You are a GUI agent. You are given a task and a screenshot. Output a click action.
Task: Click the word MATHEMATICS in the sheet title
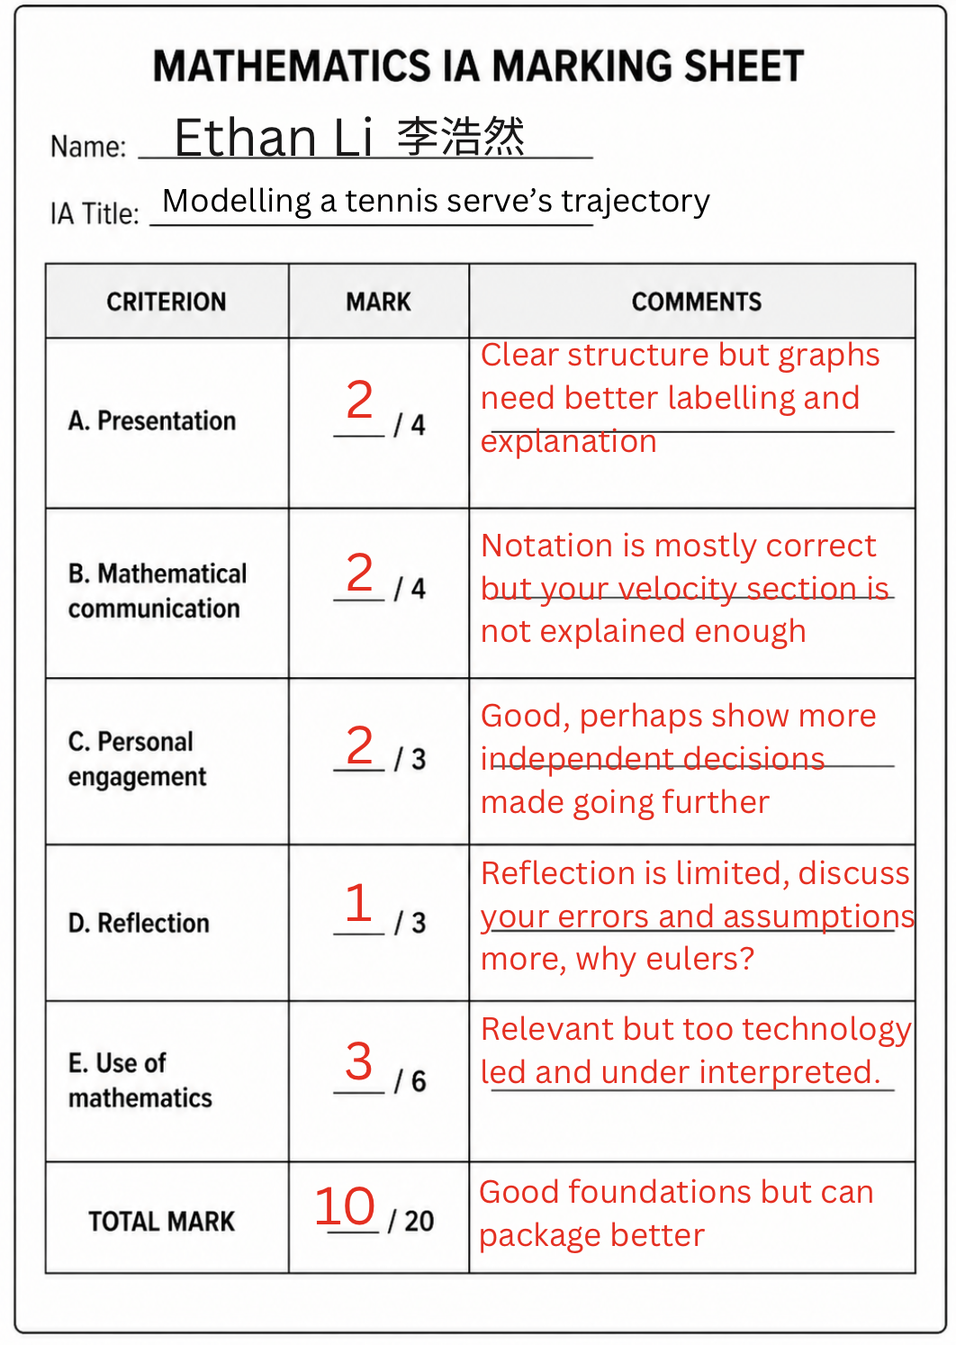click(292, 66)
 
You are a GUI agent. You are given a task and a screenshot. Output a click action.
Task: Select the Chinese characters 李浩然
click(461, 136)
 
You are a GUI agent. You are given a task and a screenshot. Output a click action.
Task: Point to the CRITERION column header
click(167, 302)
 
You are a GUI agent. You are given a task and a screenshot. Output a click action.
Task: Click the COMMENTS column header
click(697, 302)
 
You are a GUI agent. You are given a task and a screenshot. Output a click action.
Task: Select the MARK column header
click(378, 302)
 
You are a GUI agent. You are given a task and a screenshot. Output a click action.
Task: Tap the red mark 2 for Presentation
click(359, 400)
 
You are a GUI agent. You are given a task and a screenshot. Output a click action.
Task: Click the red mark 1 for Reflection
click(358, 902)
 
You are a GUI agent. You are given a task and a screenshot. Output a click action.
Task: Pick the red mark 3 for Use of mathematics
click(358, 1061)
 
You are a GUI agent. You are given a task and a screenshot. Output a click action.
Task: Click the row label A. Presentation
click(152, 421)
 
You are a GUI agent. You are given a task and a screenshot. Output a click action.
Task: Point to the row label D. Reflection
click(139, 923)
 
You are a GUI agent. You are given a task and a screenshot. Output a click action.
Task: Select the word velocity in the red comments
click(677, 589)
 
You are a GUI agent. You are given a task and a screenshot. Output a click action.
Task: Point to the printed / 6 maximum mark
click(410, 1081)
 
